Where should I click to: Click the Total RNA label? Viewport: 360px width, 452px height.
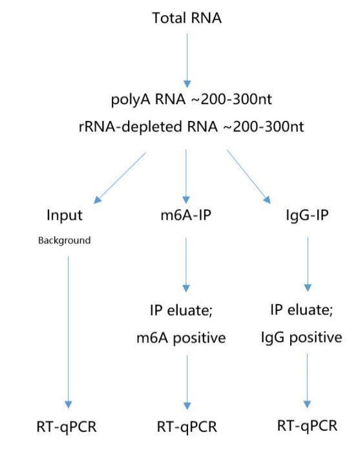point(187,18)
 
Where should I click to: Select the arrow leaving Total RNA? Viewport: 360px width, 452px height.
point(187,61)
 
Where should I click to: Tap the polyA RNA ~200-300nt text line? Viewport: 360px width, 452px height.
point(191,100)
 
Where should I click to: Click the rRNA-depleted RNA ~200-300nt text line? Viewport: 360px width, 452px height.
point(191,127)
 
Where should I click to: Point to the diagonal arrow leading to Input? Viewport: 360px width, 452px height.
point(120,178)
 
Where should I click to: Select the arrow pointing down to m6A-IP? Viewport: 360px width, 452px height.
point(186,177)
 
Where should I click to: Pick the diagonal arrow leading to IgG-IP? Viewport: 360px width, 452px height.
point(249,177)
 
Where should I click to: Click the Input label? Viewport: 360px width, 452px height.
point(65,215)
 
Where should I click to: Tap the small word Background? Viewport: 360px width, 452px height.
point(64,241)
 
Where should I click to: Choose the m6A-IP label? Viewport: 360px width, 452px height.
point(186,215)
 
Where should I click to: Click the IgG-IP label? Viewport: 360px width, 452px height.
point(307,215)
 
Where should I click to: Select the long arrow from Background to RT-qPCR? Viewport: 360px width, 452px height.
point(69,332)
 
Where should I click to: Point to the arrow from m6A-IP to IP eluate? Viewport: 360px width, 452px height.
point(186,264)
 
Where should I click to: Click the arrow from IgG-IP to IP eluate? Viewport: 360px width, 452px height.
point(308,264)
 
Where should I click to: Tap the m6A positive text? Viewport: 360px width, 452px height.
point(181,338)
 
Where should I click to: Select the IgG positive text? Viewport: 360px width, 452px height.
point(301,338)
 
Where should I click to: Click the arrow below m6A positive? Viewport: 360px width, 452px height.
point(187,382)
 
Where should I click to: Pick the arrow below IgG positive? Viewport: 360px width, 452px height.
point(307,381)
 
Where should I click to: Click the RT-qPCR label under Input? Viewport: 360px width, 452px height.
point(67,427)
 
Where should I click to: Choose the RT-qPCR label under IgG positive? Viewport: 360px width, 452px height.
point(307,426)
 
